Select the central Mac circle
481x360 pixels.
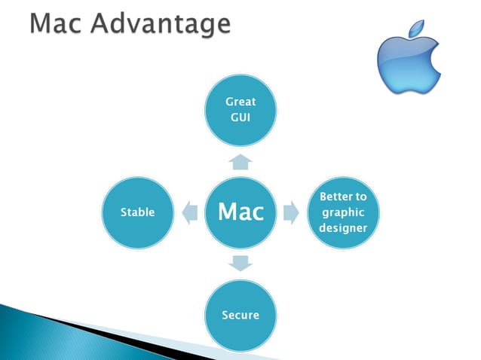[x=240, y=212]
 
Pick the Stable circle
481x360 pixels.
[x=137, y=212]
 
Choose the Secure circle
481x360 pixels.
[x=240, y=314]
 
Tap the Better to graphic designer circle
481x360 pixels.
[x=343, y=212]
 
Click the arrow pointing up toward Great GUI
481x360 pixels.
[x=240, y=161]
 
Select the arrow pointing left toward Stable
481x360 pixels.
[x=189, y=212]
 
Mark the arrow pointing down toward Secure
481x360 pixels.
[x=240, y=264]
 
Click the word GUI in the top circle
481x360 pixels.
[x=240, y=118]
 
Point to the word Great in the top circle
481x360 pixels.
[x=240, y=102]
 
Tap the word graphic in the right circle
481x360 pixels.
[x=343, y=212]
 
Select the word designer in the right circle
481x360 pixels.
[x=343, y=228]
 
